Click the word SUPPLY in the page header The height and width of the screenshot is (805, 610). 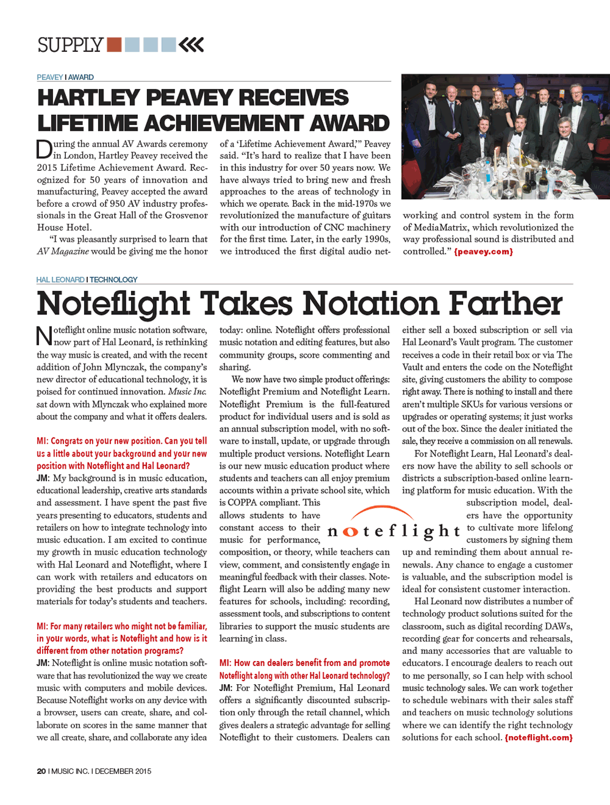pyautogui.click(x=70, y=45)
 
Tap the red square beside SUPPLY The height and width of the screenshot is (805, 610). pyautogui.click(x=114, y=45)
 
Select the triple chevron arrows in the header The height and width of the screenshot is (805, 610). pyautogui.click(x=192, y=45)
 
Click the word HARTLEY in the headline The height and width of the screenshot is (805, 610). pyautogui.click(x=88, y=98)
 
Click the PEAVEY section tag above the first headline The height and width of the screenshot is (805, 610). pyautogui.click(x=49, y=78)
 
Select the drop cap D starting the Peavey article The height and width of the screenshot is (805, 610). pyautogui.click(x=44, y=150)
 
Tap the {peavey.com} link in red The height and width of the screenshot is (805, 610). pyautogui.click(x=483, y=251)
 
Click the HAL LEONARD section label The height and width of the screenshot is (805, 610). pyautogui.click(x=60, y=280)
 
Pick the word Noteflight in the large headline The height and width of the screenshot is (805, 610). pyautogui.click(x=113, y=303)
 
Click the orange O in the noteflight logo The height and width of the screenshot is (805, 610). pyautogui.click(x=350, y=532)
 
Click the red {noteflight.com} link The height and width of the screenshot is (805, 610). pyautogui.click(x=538, y=737)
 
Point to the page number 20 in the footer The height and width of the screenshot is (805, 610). pyautogui.click(x=41, y=771)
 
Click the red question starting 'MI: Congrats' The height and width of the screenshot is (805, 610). pyautogui.click(x=121, y=453)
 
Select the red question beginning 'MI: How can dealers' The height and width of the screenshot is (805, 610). pyautogui.click(x=304, y=669)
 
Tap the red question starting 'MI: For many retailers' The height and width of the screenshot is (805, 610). pyautogui.click(x=121, y=638)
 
